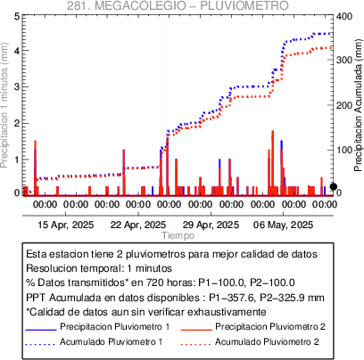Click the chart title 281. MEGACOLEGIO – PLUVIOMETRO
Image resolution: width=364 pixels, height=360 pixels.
pyautogui.click(x=178, y=5)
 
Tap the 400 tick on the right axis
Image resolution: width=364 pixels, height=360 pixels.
pyautogui.click(x=344, y=16)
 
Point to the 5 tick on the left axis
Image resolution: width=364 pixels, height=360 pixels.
pyautogui.click(x=17, y=16)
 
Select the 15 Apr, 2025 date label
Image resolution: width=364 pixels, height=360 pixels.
pyautogui.click(x=66, y=225)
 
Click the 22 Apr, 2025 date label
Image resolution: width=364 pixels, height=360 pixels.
pyautogui.click(x=138, y=225)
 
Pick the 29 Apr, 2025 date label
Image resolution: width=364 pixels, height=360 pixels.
pyautogui.click(x=211, y=225)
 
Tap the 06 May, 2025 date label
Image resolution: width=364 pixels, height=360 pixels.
pyautogui.click(x=283, y=225)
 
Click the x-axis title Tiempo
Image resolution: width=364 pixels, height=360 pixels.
pyautogui.click(x=178, y=235)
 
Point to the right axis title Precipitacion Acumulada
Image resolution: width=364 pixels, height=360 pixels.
pyautogui.click(x=359, y=105)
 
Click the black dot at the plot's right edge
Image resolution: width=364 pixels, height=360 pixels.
pyautogui.click(x=334, y=186)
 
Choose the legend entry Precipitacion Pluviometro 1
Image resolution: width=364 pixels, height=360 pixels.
pyautogui.click(x=114, y=327)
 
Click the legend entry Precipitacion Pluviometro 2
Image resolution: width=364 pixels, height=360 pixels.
pyautogui.click(x=270, y=327)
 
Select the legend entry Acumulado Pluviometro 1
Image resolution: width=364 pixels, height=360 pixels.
pyautogui.click(x=112, y=342)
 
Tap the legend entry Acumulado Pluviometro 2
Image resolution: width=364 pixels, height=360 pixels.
pyautogui.click(x=267, y=342)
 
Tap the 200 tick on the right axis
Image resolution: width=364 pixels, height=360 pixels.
pyautogui.click(x=344, y=105)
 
